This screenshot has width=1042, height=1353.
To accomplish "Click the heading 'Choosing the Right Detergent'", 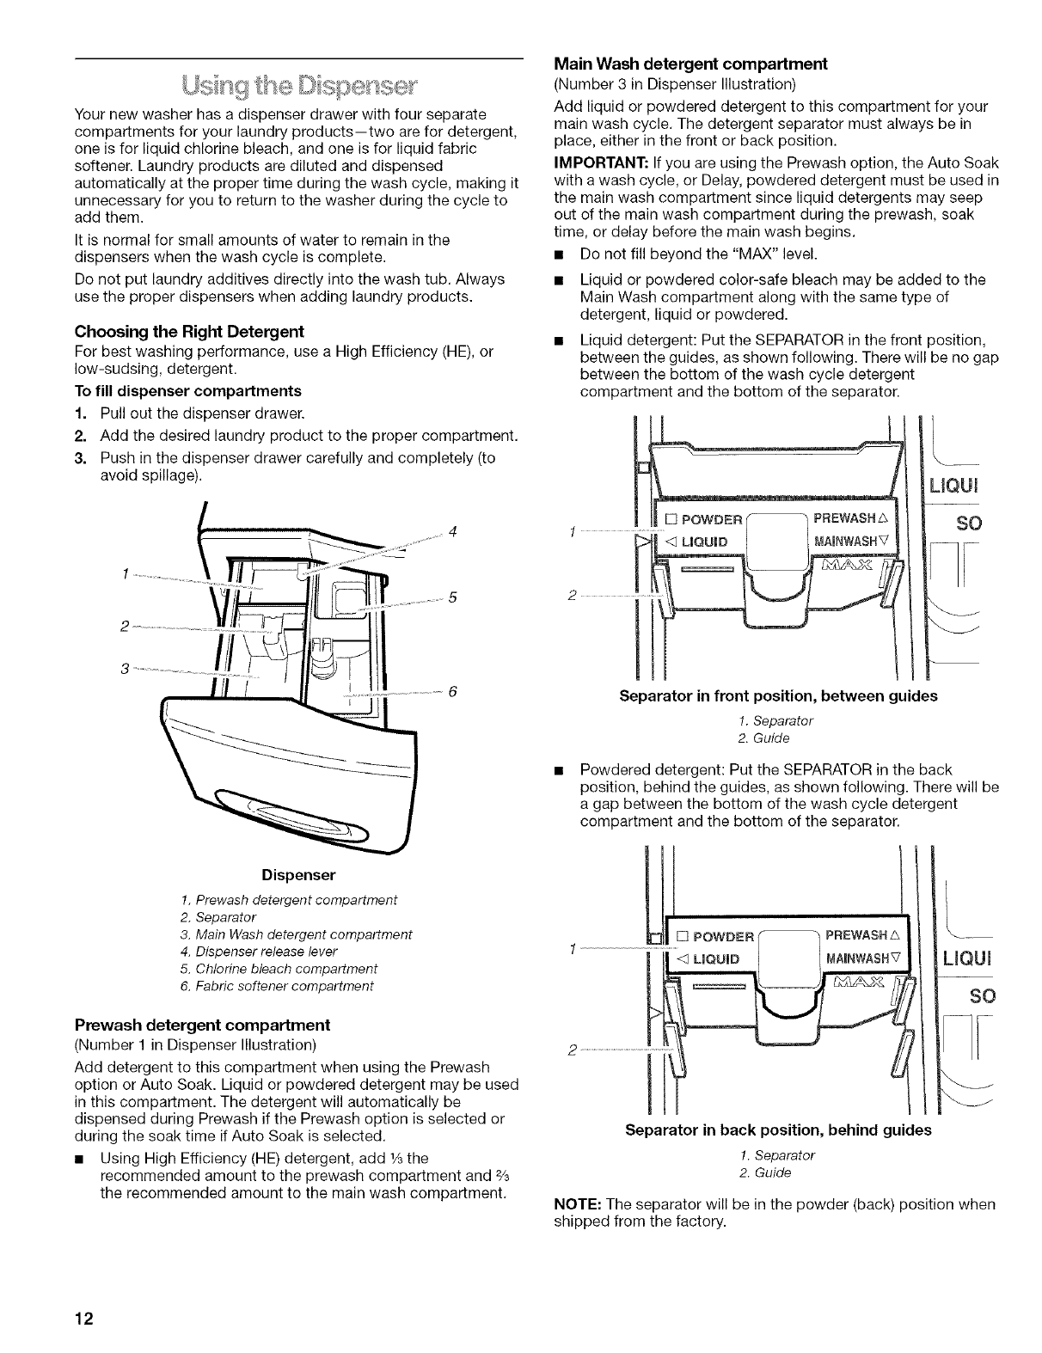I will click(189, 332).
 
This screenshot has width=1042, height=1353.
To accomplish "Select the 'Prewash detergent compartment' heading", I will click(202, 1025).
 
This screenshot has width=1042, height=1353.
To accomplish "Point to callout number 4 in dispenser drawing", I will click(451, 530).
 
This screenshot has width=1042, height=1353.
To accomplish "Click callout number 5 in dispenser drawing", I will click(451, 599).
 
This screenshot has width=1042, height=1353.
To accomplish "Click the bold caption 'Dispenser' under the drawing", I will click(298, 875).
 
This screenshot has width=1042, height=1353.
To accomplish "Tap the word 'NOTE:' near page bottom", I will click(575, 1204).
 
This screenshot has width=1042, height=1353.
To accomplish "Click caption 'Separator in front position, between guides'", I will click(777, 696).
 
